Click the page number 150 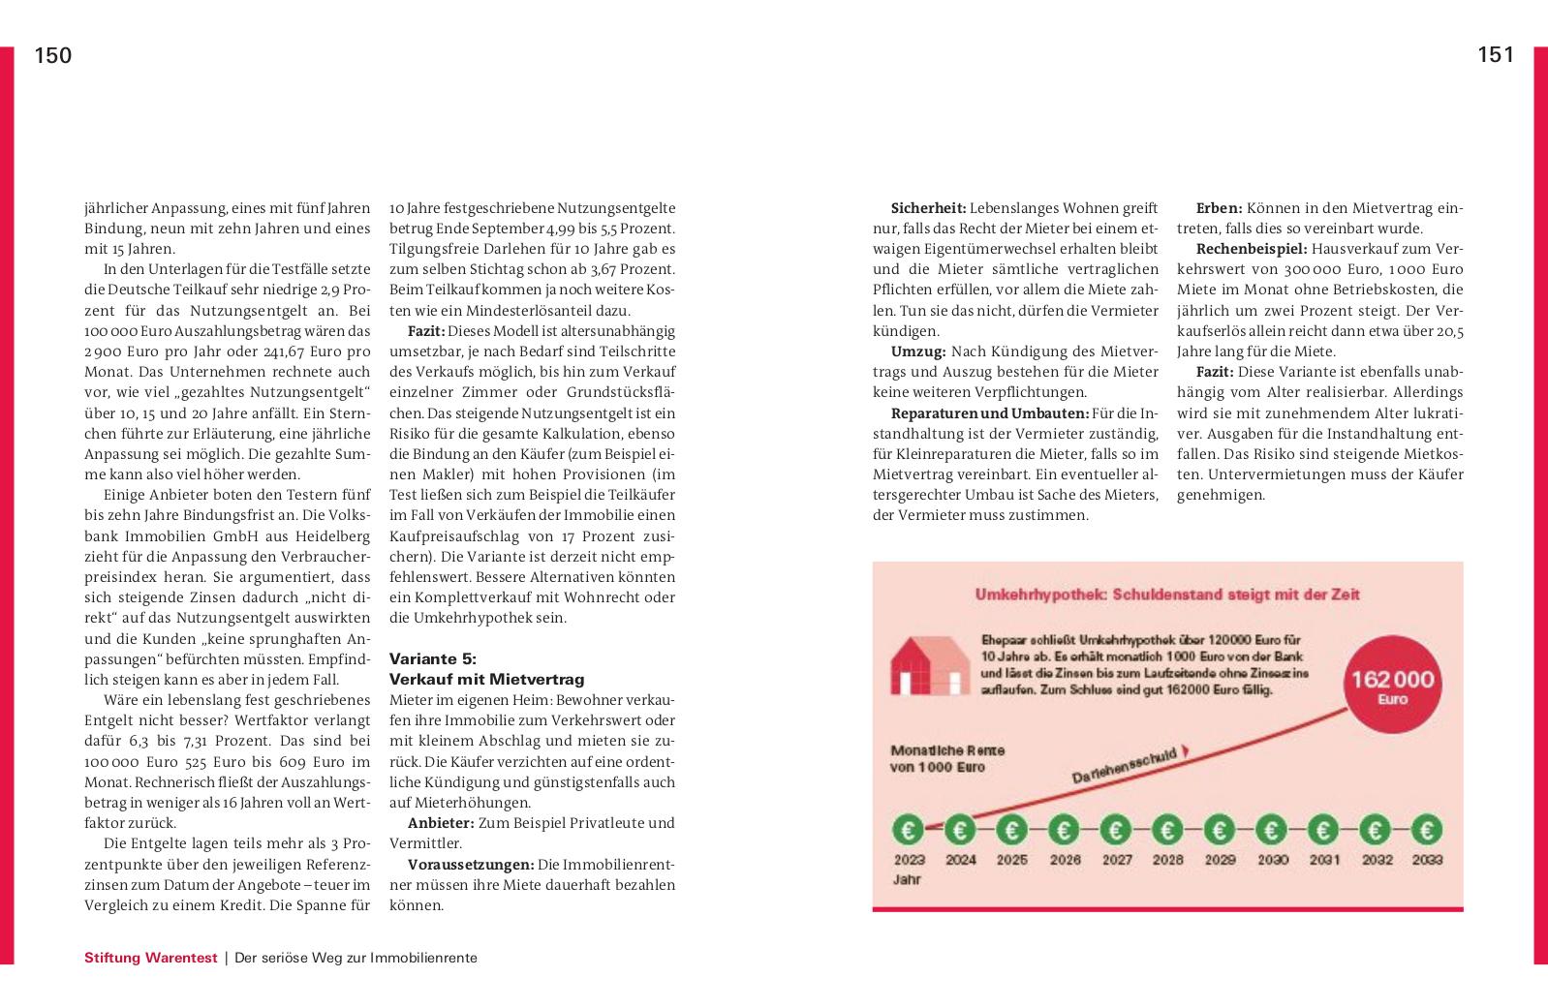53,56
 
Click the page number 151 1496,55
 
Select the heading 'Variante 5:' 425,659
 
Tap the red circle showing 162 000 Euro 1392,687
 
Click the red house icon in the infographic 928,665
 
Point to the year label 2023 909,859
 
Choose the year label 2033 1427,859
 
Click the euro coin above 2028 1167,830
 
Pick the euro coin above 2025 1012,830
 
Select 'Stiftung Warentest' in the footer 150,958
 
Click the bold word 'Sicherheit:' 928,208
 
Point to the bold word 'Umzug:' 917,351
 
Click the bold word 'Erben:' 1219,208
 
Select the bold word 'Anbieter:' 441,823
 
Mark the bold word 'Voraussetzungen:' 471,864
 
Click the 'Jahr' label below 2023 906,880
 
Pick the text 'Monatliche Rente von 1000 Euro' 947,758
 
